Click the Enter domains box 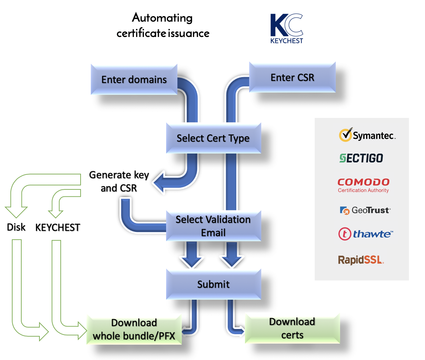[x=134, y=80]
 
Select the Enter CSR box [x=292, y=77]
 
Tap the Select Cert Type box [x=213, y=138]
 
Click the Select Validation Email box [x=213, y=226]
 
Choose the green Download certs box [x=292, y=328]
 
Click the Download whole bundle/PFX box [x=134, y=329]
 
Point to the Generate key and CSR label [x=119, y=181]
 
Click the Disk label [x=16, y=227]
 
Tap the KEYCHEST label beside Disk [x=58, y=227]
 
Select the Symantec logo [x=367, y=135]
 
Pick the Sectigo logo [x=361, y=158]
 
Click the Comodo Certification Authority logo [x=363, y=185]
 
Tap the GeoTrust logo [x=365, y=210]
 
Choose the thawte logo [x=366, y=234]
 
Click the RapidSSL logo [x=361, y=260]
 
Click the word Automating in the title [x=162, y=17]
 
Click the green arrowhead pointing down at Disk [x=16, y=212]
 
